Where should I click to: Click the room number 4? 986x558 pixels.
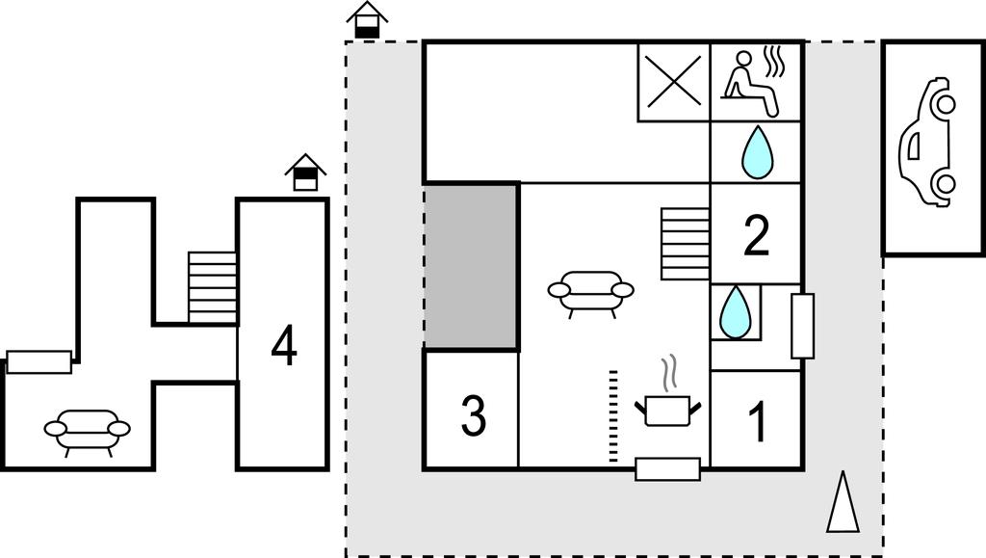pos(283,347)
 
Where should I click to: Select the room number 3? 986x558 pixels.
pos(473,415)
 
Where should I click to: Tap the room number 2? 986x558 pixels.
pos(757,235)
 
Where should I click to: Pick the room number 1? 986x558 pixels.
pos(758,421)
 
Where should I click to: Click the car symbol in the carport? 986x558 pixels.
pos(927,143)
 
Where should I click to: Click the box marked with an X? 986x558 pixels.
pos(674,81)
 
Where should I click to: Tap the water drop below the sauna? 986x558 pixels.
pos(757,152)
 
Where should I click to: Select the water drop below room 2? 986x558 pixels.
pos(737,309)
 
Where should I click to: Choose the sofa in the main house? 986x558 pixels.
pos(590,292)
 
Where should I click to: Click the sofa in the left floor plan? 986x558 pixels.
pos(87,431)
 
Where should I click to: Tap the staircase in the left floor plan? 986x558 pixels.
pos(213,287)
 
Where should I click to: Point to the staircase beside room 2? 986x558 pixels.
pos(685,244)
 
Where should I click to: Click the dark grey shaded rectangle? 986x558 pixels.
pos(472,266)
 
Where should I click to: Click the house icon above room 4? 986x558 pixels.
pos(305,173)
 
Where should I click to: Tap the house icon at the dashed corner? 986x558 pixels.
pos(367,20)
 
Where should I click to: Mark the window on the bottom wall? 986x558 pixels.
pos(667,469)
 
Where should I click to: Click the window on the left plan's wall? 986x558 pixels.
pos(39,361)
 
